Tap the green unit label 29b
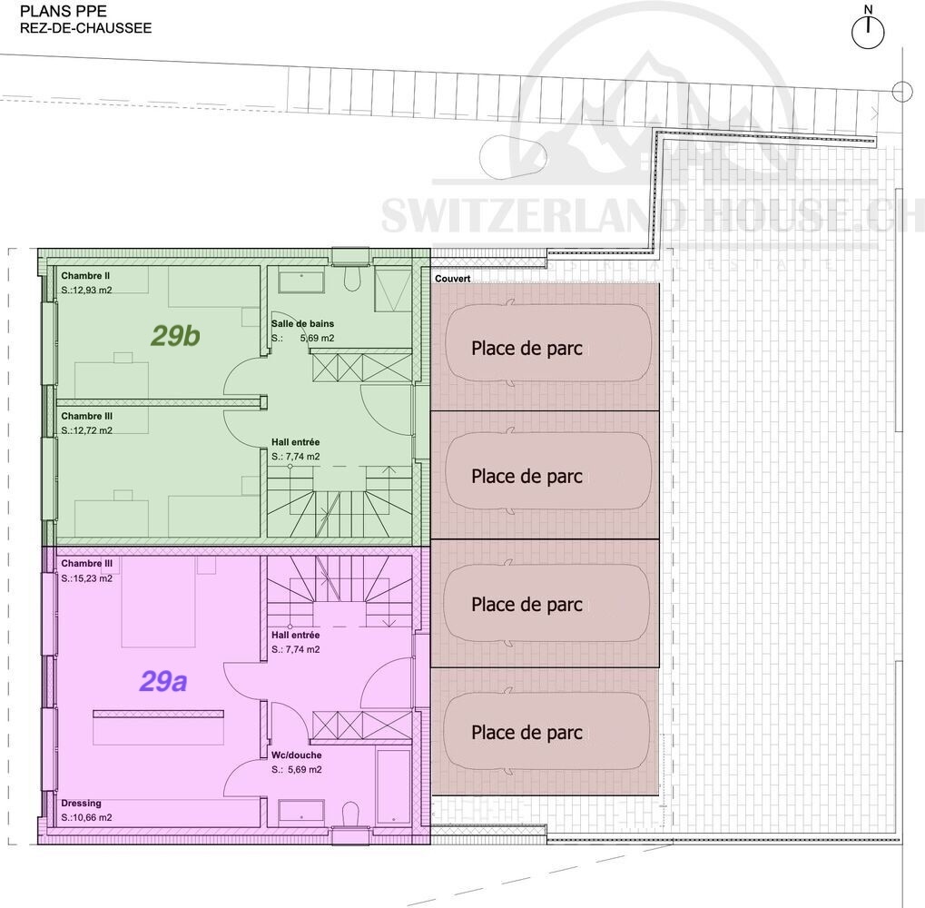[175, 336]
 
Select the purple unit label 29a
[163, 681]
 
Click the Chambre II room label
[85, 275]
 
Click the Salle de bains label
[302, 323]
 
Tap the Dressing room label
[82, 803]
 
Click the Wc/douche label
[297, 755]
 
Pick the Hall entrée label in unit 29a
[296, 635]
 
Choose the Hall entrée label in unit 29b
[296, 442]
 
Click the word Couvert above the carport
[452, 279]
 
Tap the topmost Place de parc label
[526, 348]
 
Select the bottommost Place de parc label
[526, 732]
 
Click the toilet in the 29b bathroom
[352, 279]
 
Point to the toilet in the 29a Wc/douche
[350, 813]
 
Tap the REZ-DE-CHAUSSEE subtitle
[85, 28]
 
